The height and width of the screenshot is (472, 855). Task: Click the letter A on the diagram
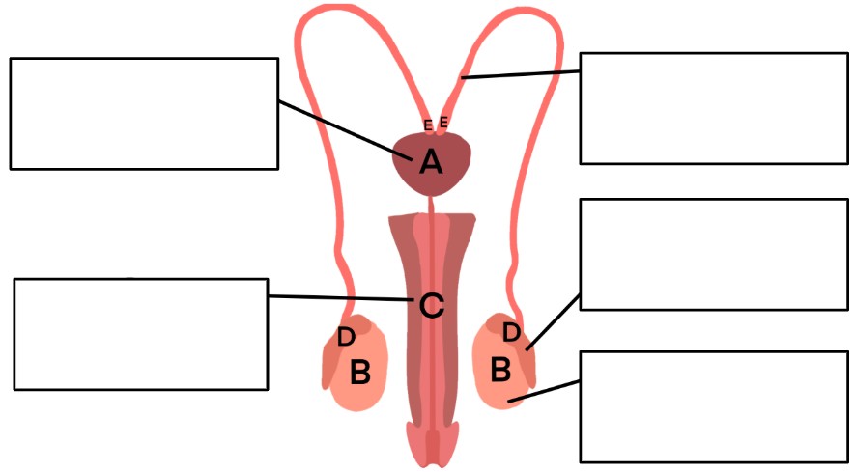(x=431, y=162)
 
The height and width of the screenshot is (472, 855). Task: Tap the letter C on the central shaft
(x=431, y=306)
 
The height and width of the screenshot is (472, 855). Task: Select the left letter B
(x=360, y=373)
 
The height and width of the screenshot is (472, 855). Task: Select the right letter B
(x=500, y=369)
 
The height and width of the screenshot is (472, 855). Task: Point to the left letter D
(x=346, y=337)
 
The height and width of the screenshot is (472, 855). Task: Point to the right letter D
(x=511, y=332)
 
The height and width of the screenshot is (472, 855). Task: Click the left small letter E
(x=428, y=125)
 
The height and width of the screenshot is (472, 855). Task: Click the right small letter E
(x=443, y=122)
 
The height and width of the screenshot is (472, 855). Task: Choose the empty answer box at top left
(x=144, y=113)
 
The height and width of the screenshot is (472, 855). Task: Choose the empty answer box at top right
(x=714, y=108)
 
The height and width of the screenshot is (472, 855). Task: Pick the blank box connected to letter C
(x=141, y=334)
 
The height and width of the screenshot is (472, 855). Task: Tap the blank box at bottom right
(x=714, y=407)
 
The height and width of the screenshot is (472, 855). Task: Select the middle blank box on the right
(x=714, y=255)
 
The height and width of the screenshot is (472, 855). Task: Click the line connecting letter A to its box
(x=345, y=129)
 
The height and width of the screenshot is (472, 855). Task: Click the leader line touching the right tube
(x=520, y=74)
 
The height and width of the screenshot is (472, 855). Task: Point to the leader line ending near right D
(x=553, y=322)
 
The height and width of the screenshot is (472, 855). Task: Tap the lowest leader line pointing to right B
(x=544, y=391)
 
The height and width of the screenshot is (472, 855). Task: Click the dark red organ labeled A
(x=431, y=163)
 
